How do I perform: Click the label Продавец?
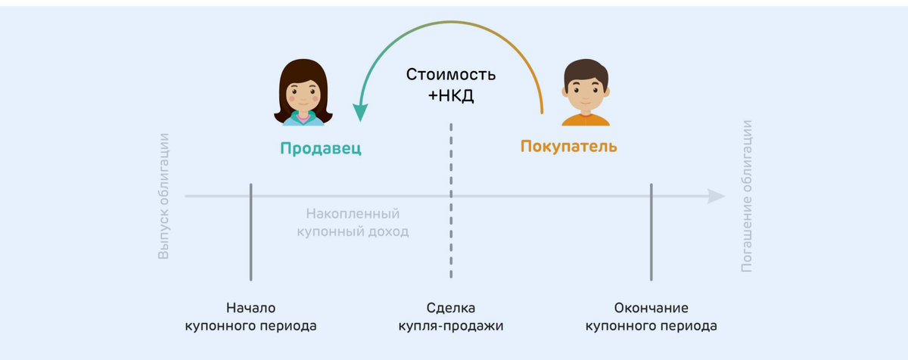pos(321,148)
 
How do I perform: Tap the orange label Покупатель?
pos(568,147)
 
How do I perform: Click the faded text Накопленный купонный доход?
pos(353,223)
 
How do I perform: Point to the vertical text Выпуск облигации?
pos(163,197)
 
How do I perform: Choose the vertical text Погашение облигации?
pos(747,197)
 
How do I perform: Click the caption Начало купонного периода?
pos(250,318)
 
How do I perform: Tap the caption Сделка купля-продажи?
pos(451,318)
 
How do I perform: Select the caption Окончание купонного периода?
pos(651,318)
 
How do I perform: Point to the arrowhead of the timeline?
pos(716,197)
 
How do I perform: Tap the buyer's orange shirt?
pos(586,119)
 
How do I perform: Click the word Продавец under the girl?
pos(321,148)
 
